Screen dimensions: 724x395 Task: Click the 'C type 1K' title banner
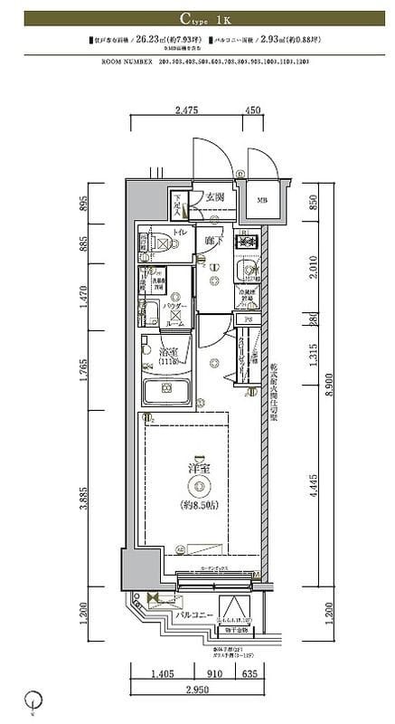(x=197, y=18)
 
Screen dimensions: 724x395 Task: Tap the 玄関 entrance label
(x=214, y=197)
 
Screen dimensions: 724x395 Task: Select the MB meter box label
(x=261, y=201)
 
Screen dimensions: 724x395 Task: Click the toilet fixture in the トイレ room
(x=149, y=243)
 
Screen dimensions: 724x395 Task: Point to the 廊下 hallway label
(x=213, y=242)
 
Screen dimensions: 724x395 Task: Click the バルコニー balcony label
(x=194, y=614)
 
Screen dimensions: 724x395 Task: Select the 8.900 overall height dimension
(x=329, y=385)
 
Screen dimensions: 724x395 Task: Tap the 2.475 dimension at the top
(x=186, y=111)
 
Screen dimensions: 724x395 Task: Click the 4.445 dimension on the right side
(x=313, y=490)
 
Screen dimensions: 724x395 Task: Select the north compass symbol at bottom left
(x=34, y=699)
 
